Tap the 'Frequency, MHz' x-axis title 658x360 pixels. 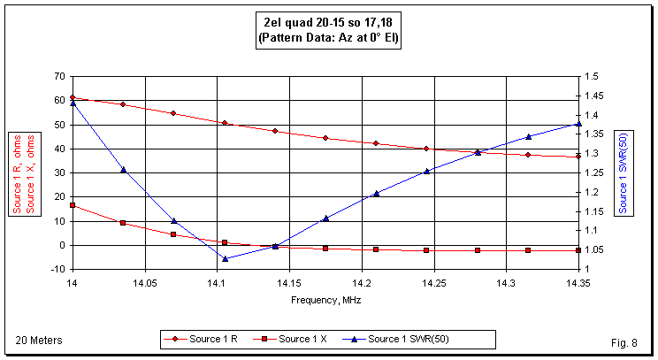coord(325,300)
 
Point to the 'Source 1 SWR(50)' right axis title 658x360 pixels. coord(624,172)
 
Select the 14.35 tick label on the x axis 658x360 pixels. coord(578,284)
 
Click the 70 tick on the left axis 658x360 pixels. coord(59,77)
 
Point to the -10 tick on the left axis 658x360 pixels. coord(57,269)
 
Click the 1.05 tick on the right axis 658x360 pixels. coord(593,249)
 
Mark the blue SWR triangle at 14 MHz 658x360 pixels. coord(73,103)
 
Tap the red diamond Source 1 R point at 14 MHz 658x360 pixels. coord(73,98)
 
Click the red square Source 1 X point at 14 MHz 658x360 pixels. coord(73,205)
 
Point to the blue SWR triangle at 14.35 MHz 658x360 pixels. coord(578,124)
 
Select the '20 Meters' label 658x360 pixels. coord(36,340)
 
